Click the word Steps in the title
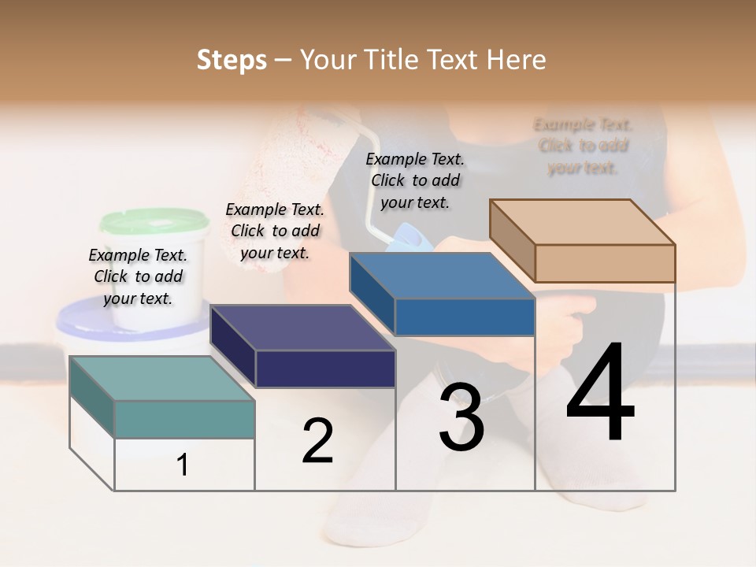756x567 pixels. [232, 60]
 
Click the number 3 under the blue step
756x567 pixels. [461, 417]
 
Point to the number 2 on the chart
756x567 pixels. [317, 441]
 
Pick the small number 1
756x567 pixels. [183, 465]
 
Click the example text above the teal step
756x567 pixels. [139, 277]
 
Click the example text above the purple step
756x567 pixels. [275, 231]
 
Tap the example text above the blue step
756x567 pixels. [415, 180]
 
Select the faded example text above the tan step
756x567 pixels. [583, 146]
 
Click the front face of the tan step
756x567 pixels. [605, 263]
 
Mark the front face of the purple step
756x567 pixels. [325, 369]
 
